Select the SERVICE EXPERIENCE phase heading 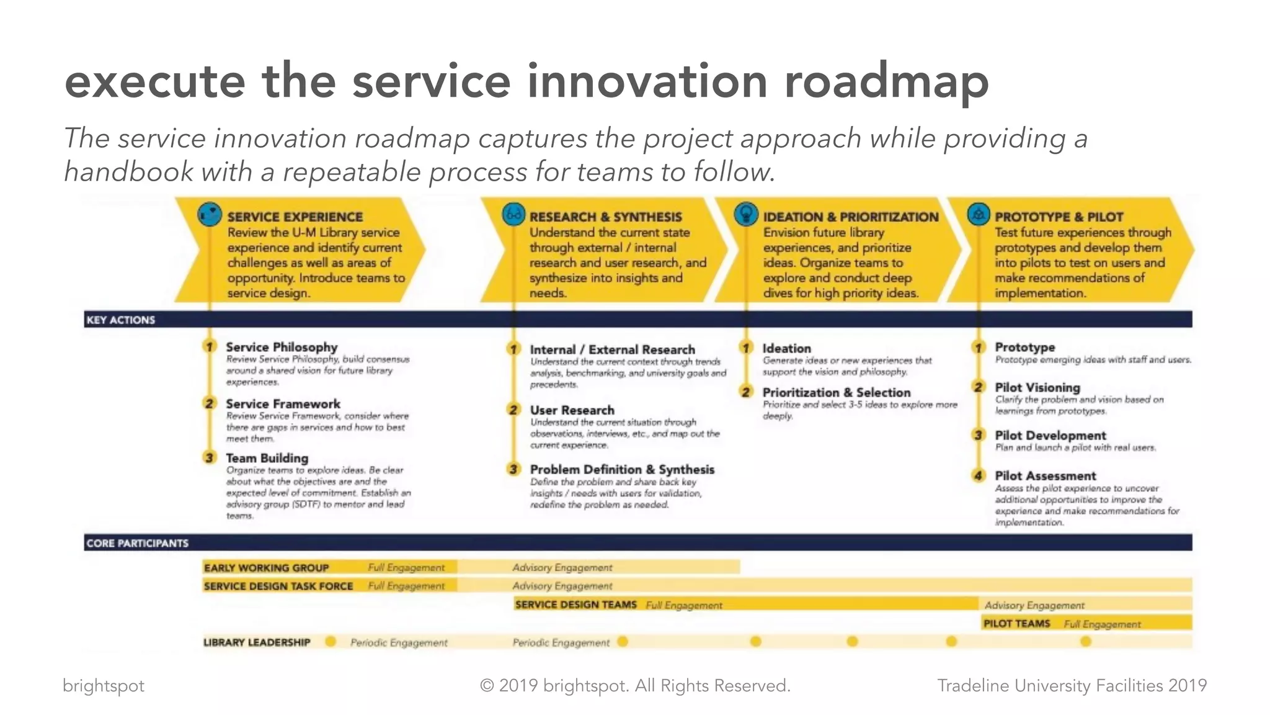tap(295, 217)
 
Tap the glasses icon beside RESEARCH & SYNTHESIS tap(513, 215)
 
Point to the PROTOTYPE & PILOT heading tap(1059, 217)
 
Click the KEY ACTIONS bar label tap(121, 320)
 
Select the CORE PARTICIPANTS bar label tap(137, 543)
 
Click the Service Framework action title tap(283, 403)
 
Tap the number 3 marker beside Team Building tap(210, 457)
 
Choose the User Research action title tap(572, 410)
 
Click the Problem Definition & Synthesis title tap(622, 469)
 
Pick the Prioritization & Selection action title tap(836, 392)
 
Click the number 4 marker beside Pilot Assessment tap(979, 475)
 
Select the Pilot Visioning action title tap(1037, 387)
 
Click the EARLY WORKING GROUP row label tap(266, 567)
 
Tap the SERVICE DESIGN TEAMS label tap(575, 605)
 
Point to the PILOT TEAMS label tap(1016, 623)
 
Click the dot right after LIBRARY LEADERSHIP tap(331, 641)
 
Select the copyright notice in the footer tap(635, 685)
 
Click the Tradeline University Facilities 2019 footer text tap(1072, 685)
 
